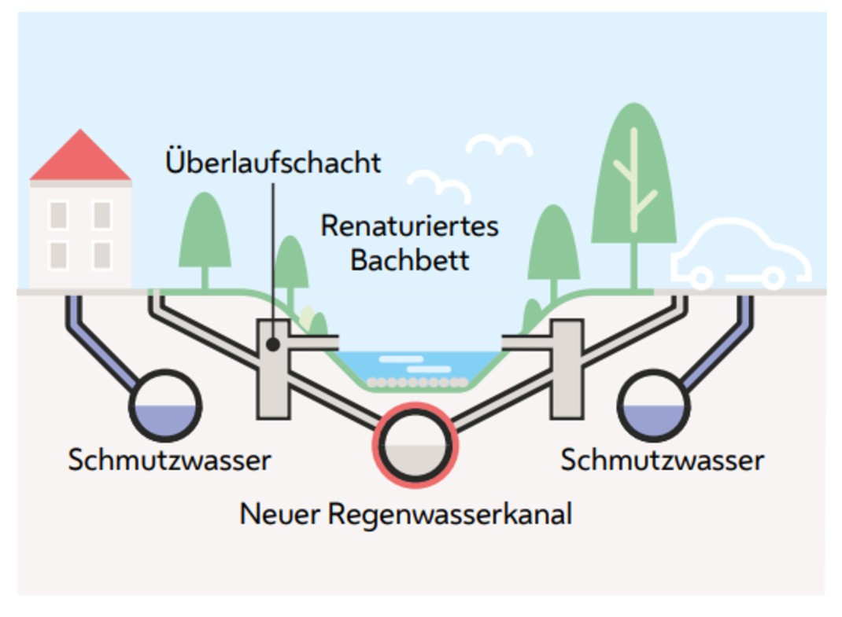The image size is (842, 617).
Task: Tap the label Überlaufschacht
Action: coord(273,163)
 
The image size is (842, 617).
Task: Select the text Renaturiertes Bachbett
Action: coord(409,242)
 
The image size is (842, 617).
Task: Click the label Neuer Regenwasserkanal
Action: coord(405,515)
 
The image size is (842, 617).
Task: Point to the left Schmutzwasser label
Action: coord(169,460)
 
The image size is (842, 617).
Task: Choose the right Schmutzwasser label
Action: coord(662,460)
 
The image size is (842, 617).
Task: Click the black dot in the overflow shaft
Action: coord(272,344)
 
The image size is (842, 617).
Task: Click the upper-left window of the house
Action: coord(58,215)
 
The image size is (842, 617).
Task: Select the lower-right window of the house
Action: coord(102,255)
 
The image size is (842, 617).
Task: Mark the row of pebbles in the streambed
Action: coord(418,383)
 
